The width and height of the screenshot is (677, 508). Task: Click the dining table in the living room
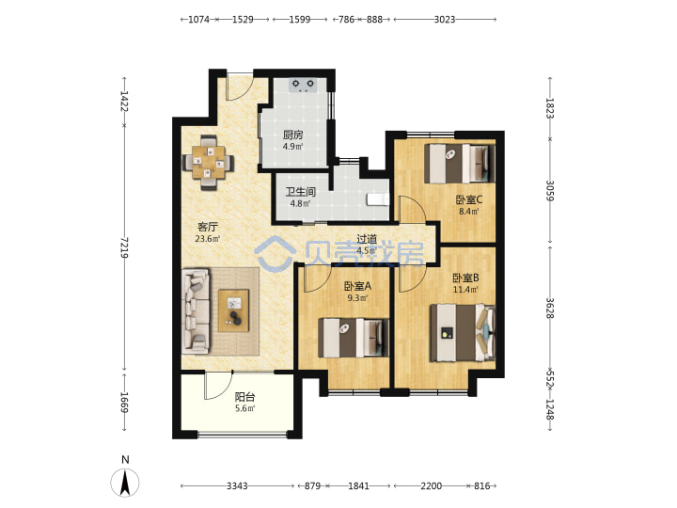pos(209,163)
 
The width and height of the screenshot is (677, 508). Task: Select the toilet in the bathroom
pos(378,199)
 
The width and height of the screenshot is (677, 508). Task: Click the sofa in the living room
pos(196,311)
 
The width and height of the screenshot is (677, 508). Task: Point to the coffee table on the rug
pos(233,310)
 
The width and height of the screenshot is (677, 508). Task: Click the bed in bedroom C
pos(460,164)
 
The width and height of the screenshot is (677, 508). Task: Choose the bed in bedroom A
pos(354,338)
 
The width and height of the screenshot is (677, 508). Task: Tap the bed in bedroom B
pos(463,333)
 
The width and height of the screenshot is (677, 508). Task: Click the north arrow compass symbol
pos(125,482)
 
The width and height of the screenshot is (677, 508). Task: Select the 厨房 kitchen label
pos(292,135)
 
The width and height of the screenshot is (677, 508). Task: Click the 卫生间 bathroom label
pos(301,191)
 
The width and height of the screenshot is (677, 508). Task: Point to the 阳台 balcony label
pos(244,397)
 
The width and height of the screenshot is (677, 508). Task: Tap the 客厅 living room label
pos(208,227)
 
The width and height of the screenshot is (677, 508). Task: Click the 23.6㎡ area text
pos(208,239)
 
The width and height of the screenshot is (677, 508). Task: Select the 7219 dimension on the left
pos(124,247)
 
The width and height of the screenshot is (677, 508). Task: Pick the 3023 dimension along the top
pos(445,20)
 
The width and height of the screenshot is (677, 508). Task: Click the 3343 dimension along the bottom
pos(237,486)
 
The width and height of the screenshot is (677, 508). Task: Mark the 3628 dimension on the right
pos(550,309)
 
